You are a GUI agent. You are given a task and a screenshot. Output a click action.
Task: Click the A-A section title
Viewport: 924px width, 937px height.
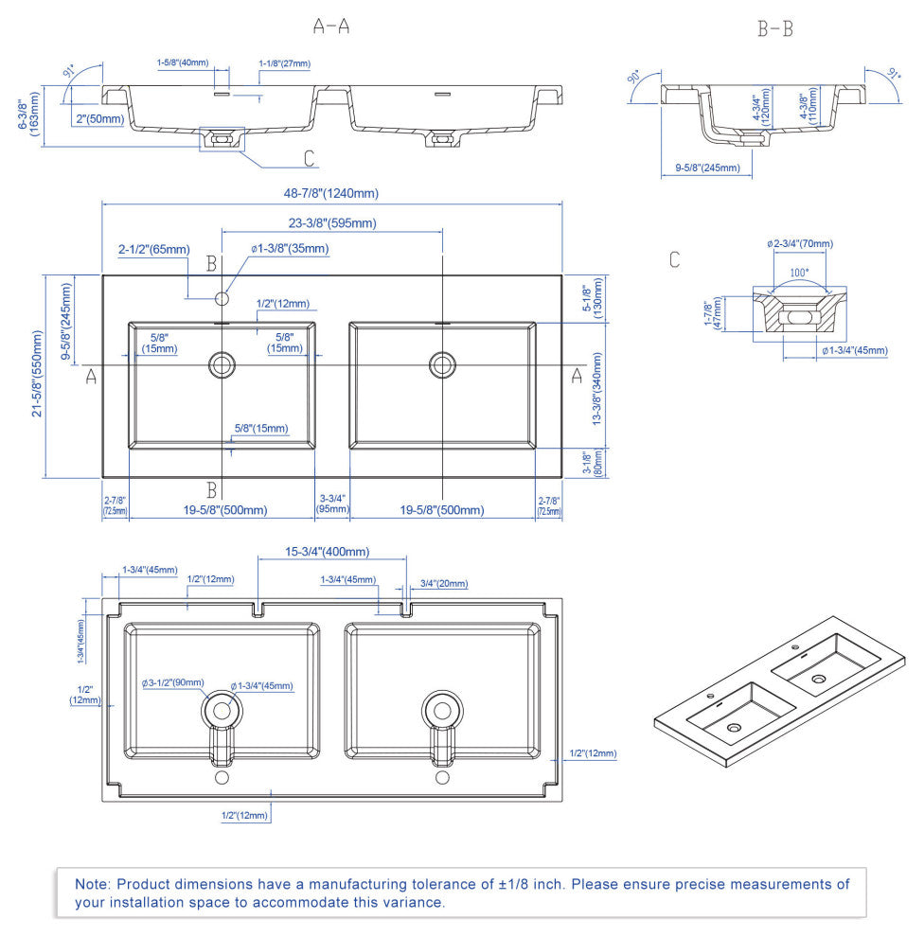[x=331, y=27]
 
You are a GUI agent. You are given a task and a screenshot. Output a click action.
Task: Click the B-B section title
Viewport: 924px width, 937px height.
[x=774, y=29]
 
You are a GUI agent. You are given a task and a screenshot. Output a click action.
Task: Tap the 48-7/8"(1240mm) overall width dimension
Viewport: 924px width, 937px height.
[x=331, y=193]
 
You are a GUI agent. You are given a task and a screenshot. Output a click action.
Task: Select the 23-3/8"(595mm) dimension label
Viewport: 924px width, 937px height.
[x=332, y=223]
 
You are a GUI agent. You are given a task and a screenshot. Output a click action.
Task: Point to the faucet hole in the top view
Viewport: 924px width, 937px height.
[x=222, y=299]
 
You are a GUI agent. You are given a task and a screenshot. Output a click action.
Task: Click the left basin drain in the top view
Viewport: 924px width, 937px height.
[x=222, y=363]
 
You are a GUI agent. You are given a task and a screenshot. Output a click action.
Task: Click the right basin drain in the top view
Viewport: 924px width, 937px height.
[x=442, y=363]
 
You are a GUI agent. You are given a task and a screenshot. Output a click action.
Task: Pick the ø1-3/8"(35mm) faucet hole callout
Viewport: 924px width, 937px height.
[x=290, y=249]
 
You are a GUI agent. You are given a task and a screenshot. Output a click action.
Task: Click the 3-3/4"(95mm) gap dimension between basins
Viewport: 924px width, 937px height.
[x=331, y=504]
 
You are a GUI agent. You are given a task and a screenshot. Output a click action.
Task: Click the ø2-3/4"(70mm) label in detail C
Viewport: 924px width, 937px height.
[x=800, y=243]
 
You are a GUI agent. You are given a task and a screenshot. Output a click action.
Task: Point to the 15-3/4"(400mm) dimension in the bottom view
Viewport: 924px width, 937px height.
[x=328, y=552]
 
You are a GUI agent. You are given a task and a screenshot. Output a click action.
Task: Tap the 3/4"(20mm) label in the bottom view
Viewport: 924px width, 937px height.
[x=443, y=584]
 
